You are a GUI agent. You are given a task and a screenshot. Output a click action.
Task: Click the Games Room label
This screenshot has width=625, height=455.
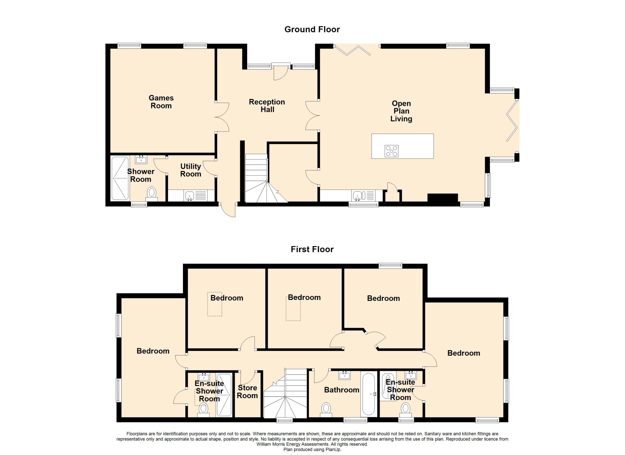click(161, 102)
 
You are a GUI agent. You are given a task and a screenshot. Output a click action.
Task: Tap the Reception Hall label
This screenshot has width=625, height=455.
click(267, 106)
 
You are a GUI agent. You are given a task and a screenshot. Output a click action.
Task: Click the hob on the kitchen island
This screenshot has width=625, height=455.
click(392, 151)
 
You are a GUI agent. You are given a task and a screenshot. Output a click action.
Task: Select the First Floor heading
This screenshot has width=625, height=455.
click(312, 249)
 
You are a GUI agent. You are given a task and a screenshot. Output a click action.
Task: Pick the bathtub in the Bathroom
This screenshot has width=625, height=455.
click(369, 394)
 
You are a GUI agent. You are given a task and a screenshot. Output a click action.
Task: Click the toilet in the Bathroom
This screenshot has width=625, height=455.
click(326, 410)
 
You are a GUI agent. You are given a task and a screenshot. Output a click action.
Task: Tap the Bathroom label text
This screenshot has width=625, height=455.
click(342, 390)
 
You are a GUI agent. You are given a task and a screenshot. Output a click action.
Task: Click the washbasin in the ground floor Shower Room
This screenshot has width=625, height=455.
click(141, 159)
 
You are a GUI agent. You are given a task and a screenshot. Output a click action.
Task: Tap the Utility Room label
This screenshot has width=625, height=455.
click(191, 170)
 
